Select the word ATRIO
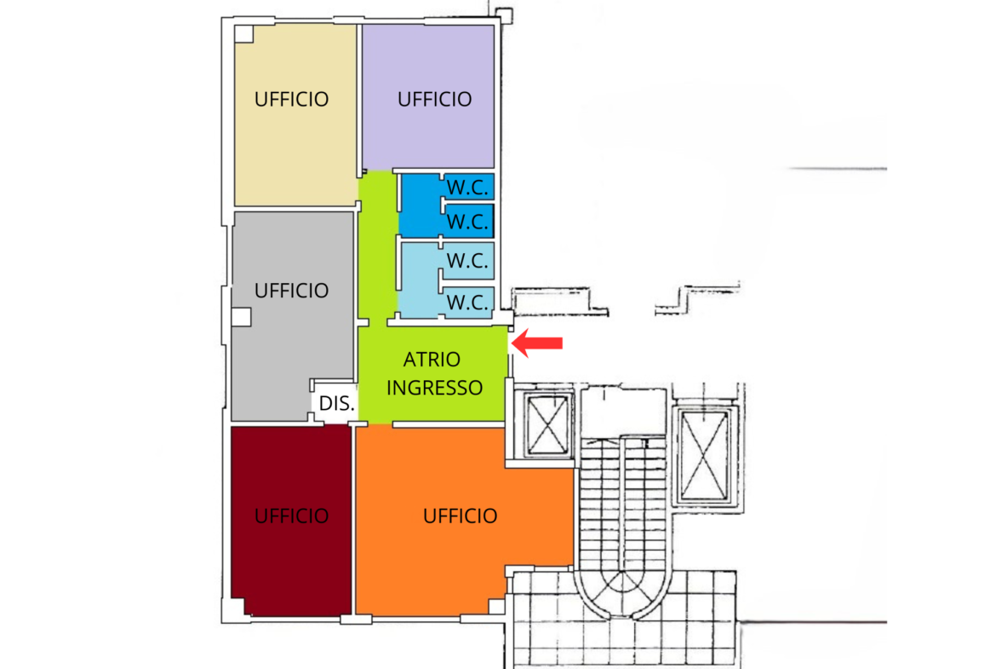(432, 360)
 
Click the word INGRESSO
(434, 388)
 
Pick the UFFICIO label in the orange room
(460, 516)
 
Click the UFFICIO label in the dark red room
(291, 516)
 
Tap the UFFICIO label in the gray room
(291, 291)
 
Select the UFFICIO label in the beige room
(291, 99)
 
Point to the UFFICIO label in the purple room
(434, 99)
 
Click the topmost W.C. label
(467, 187)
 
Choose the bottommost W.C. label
(467, 302)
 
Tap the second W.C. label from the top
(467, 222)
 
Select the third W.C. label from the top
(467, 262)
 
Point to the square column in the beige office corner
(244, 34)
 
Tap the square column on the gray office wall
(241, 316)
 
